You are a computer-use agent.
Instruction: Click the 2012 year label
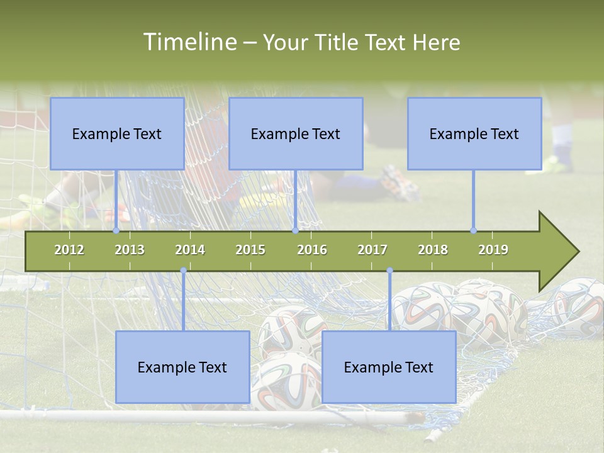[x=69, y=250]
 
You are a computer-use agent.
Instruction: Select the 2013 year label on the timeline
[x=130, y=250]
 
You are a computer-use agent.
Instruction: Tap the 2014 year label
[x=190, y=250]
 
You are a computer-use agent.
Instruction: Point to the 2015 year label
[x=250, y=250]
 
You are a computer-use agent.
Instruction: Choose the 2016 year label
[x=312, y=250]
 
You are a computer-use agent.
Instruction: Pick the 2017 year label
[x=372, y=250]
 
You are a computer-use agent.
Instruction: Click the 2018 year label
[x=433, y=250]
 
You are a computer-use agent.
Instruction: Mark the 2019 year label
[x=493, y=250]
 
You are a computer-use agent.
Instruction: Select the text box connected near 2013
[x=117, y=133]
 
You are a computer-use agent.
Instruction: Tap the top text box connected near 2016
[x=296, y=133]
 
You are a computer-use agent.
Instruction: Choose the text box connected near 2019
[x=474, y=133]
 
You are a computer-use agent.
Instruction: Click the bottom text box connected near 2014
[x=182, y=367]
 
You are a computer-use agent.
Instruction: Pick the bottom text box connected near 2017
[x=389, y=367]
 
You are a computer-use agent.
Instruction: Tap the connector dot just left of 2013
[x=116, y=230]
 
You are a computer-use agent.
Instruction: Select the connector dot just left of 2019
[x=473, y=230]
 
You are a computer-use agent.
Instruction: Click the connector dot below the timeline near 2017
[x=389, y=271]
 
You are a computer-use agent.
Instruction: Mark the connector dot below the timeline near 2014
[x=183, y=271]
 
